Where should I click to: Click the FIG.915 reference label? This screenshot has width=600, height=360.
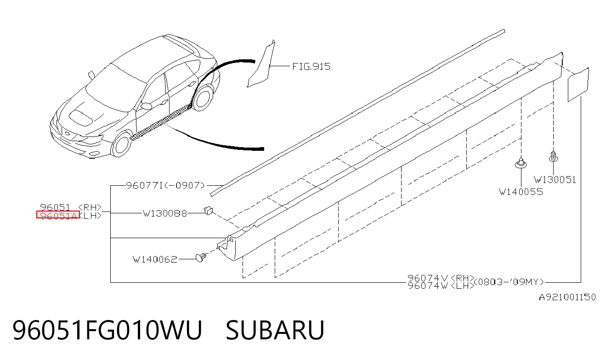(311, 67)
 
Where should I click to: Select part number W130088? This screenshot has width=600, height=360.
(165, 213)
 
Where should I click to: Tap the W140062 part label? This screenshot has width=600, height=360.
(155, 259)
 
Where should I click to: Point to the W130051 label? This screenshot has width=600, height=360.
(555, 180)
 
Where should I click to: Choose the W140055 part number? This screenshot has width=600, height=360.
(521, 192)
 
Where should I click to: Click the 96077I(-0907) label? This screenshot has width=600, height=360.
(165, 185)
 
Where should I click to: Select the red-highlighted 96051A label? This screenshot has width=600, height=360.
(58, 215)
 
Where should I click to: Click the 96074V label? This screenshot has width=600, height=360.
(428, 278)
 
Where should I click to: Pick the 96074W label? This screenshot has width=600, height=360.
(428, 286)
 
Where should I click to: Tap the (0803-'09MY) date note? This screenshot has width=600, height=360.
(509, 282)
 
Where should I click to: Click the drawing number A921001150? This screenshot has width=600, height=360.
(567, 297)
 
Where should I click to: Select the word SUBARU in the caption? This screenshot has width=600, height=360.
(275, 330)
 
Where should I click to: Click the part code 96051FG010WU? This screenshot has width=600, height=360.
(107, 330)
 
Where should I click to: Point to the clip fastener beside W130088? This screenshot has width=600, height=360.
(208, 211)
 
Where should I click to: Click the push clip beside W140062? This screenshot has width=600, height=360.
(201, 257)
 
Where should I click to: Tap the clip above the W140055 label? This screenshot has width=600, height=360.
(521, 163)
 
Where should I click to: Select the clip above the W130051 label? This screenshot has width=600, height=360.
(554, 157)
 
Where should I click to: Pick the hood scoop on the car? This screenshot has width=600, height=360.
(81, 117)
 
